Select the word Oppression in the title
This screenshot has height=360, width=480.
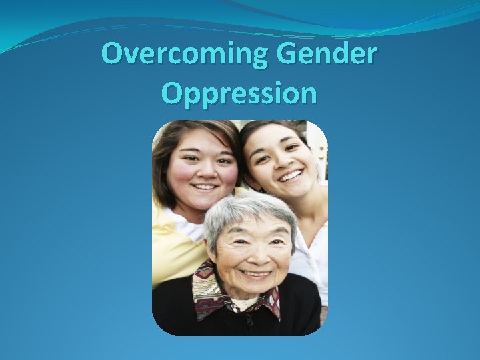239,93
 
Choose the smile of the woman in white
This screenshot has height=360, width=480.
290,177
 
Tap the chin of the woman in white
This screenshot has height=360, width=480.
294,191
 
